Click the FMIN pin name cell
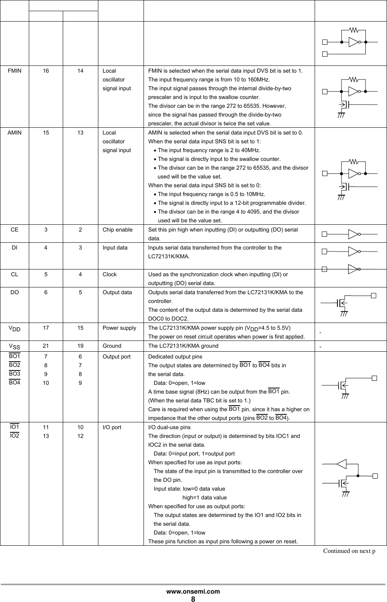coord(14,71)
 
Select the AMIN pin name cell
coord(14,133)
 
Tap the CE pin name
coord(14,230)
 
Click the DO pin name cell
coord(14,292)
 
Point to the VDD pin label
coord(14,329)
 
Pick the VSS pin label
coord(14,346)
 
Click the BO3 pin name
coord(14,374)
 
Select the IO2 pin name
coord(14,436)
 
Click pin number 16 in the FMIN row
coord(46,71)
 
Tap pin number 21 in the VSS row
coord(46,346)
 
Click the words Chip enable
coord(118,230)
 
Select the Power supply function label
coord(119,328)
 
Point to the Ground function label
coord(112,346)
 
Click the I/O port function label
coord(112,427)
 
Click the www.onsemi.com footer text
coord(193,591)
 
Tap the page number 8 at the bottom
coord(193,599)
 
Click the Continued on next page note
coord(349,551)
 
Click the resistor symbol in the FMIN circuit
coord(354,79)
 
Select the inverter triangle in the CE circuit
coord(353,234)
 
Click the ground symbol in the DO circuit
coord(343,313)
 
